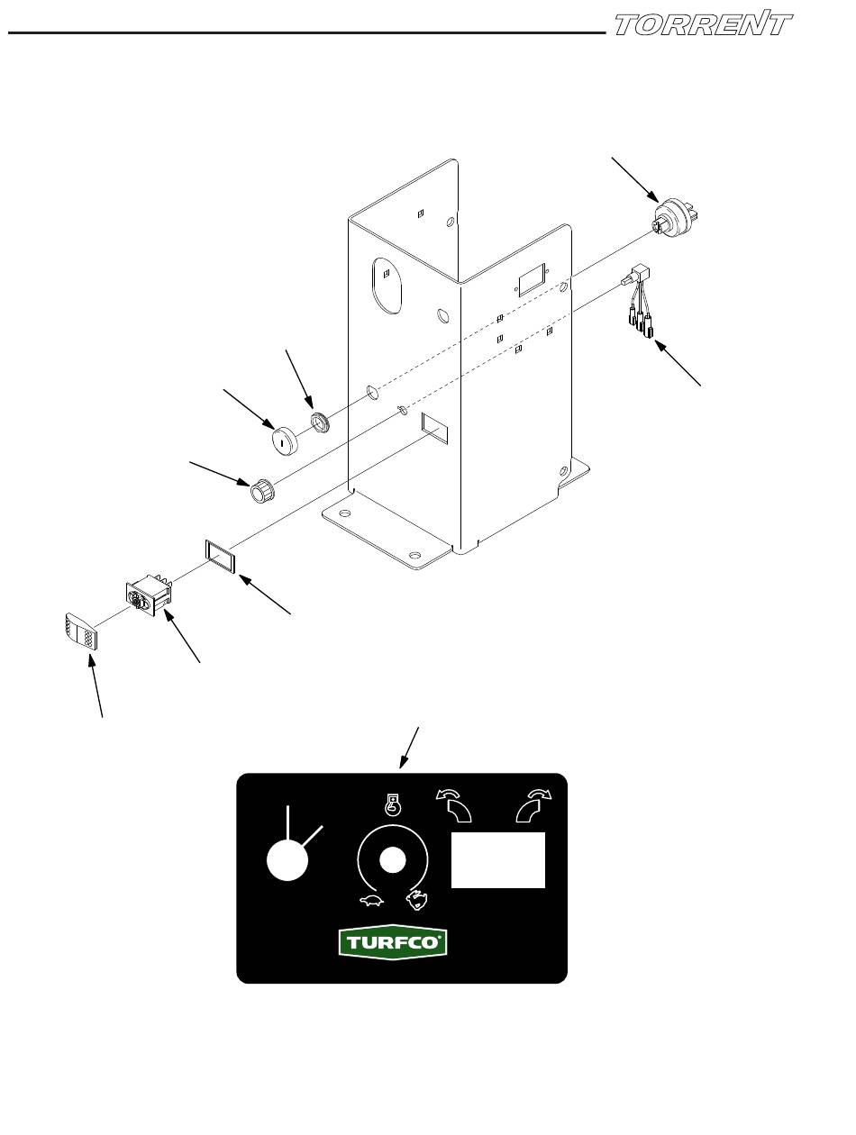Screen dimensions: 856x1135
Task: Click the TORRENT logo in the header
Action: coord(703,24)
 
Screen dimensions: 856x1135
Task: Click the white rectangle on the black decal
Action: coord(498,859)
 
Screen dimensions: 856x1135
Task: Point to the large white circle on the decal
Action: coord(288,861)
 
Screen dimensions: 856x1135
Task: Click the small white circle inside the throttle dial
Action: coord(390,860)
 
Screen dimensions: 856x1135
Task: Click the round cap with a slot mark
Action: coord(285,441)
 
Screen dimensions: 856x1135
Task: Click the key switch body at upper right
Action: coord(676,220)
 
